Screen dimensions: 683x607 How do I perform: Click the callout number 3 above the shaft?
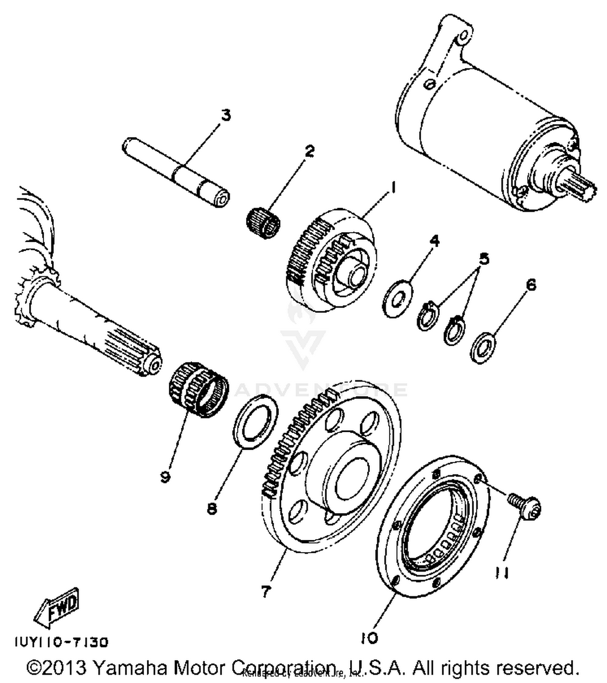(226, 115)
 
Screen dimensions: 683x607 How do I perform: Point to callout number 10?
(369, 638)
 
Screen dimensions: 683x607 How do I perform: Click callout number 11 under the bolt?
(501, 573)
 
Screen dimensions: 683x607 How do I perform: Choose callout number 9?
(165, 477)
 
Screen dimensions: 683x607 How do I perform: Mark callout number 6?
(531, 285)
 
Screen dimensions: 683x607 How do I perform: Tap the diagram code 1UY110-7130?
(62, 642)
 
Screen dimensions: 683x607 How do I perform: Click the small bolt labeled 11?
(525, 507)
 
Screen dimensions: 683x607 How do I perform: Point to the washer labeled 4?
(397, 298)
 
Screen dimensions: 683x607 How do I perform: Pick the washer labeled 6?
(483, 347)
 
